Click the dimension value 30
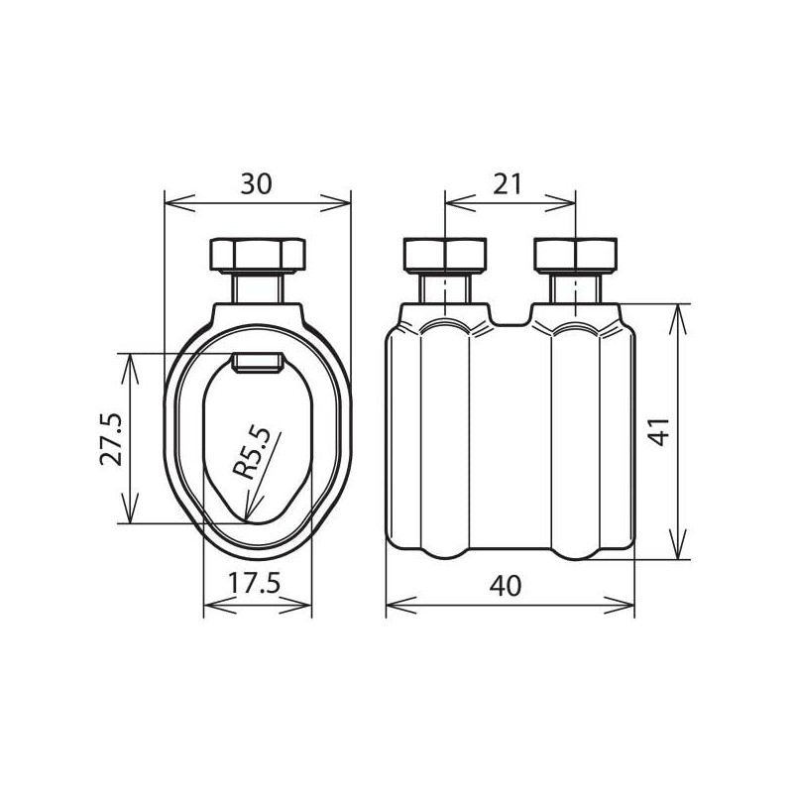[257, 184]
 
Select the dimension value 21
[508, 184]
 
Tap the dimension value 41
[659, 432]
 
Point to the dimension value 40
[506, 586]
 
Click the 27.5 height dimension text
[111, 438]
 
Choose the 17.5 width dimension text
[254, 584]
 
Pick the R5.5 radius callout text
[252, 453]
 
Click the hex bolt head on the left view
[258, 255]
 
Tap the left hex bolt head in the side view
[445, 255]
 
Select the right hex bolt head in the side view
[576, 255]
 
